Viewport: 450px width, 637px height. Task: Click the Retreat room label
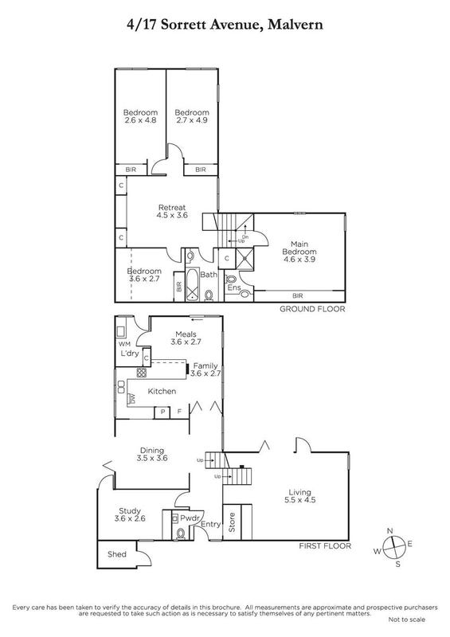coord(172,207)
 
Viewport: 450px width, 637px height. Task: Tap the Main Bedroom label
coord(299,248)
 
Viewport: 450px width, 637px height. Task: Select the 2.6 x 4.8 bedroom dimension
coord(141,120)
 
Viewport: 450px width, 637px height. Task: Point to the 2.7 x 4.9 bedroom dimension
coord(192,120)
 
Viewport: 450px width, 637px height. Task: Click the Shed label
coord(116,554)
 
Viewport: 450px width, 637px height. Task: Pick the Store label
coord(232,522)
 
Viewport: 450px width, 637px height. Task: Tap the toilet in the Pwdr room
coord(181,533)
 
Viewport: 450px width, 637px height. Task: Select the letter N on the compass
coord(389,531)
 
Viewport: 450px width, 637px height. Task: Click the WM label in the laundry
coord(124,344)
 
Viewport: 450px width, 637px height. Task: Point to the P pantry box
coord(162,412)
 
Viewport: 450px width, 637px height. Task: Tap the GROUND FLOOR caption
coord(312,309)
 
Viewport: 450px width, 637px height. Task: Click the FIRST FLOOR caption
coord(325,546)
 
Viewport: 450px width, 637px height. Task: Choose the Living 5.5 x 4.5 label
coord(300,496)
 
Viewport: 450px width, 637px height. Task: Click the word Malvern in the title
coord(295,25)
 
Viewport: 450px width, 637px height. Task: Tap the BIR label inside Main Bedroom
coord(299,295)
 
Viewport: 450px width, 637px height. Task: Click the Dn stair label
coord(245,236)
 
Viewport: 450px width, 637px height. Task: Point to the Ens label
coord(234,287)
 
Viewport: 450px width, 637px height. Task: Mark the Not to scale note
coord(407,619)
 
